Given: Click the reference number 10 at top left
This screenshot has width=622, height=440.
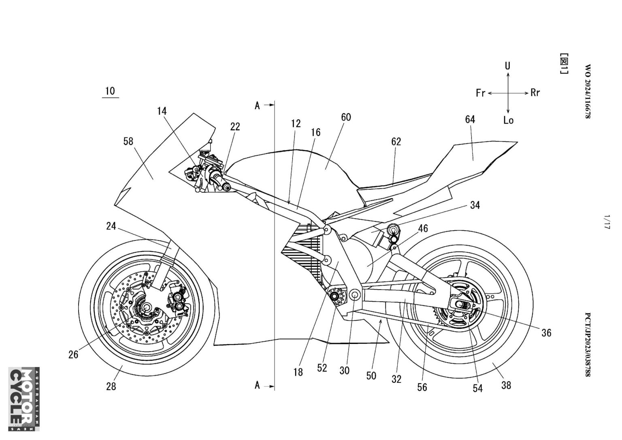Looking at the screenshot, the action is click(110, 91).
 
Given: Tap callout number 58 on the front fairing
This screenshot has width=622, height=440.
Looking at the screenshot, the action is click(128, 142).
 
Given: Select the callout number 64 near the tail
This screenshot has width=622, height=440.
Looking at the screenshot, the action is click(470, 120).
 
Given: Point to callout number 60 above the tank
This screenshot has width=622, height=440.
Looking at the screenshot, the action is click(346, 117).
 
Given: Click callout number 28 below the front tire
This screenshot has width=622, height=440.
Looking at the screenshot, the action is click(111, 386).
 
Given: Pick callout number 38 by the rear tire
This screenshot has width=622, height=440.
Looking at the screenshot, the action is click(506, 385).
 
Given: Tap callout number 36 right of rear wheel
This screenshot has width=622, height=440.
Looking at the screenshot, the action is click(546, 333).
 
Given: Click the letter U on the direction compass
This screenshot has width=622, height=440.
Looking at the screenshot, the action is click(507, 66).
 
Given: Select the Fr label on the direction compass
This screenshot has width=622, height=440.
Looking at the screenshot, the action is click(480, 93).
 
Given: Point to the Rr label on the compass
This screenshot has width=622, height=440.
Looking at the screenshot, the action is click(535, 92).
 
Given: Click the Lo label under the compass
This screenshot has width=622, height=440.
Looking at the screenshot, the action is click(509, 120).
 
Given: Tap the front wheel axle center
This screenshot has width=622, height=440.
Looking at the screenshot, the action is click(146, 307).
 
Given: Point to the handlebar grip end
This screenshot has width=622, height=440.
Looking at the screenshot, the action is click(227, 188).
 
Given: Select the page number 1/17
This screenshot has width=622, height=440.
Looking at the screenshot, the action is click(607, 222).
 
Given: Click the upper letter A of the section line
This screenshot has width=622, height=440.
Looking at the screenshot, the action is click(258, 106).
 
